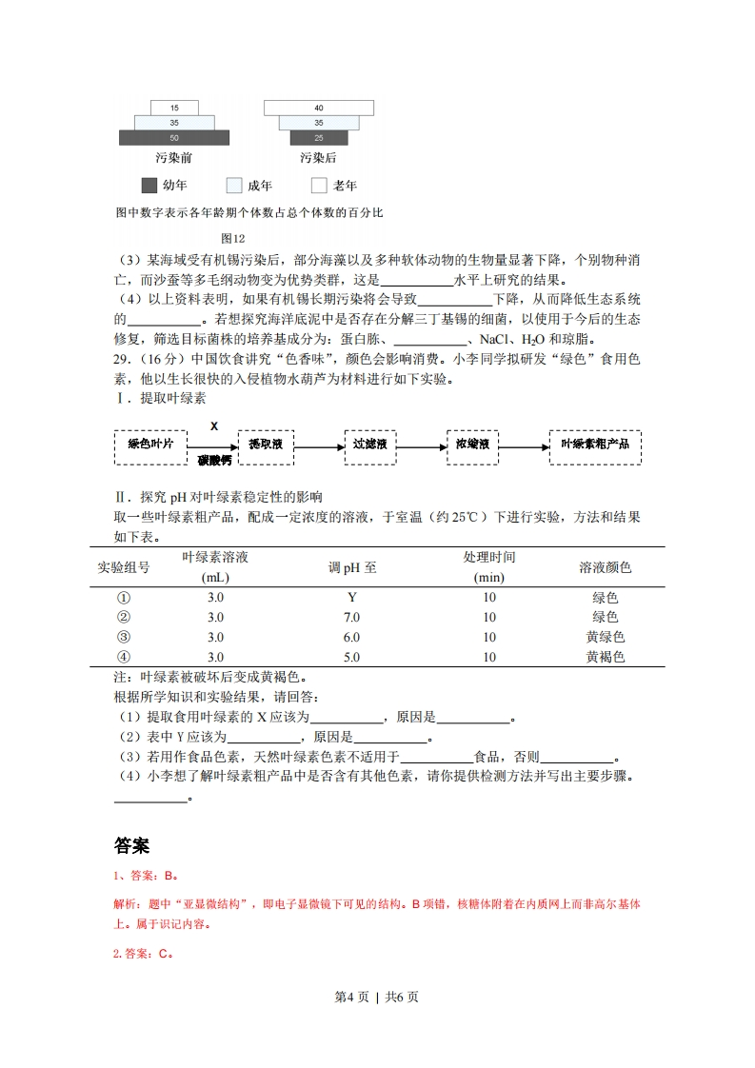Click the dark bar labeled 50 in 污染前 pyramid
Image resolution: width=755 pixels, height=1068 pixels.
coord(174,138)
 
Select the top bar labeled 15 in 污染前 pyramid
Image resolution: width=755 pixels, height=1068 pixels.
coord(174,108)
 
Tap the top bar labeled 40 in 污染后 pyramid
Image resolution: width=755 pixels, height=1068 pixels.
coord(319,108)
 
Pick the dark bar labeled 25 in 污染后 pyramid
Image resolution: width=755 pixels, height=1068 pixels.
coord(319,138)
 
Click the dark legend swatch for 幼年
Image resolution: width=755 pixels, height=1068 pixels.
coord(149,186)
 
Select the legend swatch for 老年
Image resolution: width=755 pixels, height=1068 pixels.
coord(319,186)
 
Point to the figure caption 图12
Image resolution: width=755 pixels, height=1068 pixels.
coord(232,238)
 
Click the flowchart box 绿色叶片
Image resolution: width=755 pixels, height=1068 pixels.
coord(150,445)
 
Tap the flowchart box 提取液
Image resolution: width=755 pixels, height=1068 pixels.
coord(266,445)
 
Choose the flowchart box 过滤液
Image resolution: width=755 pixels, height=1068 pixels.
coord(370,445)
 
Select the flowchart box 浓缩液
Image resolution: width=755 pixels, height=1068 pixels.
coord(472,445)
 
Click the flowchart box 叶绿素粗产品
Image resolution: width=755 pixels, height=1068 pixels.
coord(595,445)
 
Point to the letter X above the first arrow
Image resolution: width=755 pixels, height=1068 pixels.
coord(214,426)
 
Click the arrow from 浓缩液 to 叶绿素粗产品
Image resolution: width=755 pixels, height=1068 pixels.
coord(524,445)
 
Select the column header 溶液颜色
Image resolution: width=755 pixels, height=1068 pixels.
coord(605,567)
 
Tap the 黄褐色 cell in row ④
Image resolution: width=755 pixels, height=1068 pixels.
coord(605,658)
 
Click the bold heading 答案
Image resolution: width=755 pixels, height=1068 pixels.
coord(131,845)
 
